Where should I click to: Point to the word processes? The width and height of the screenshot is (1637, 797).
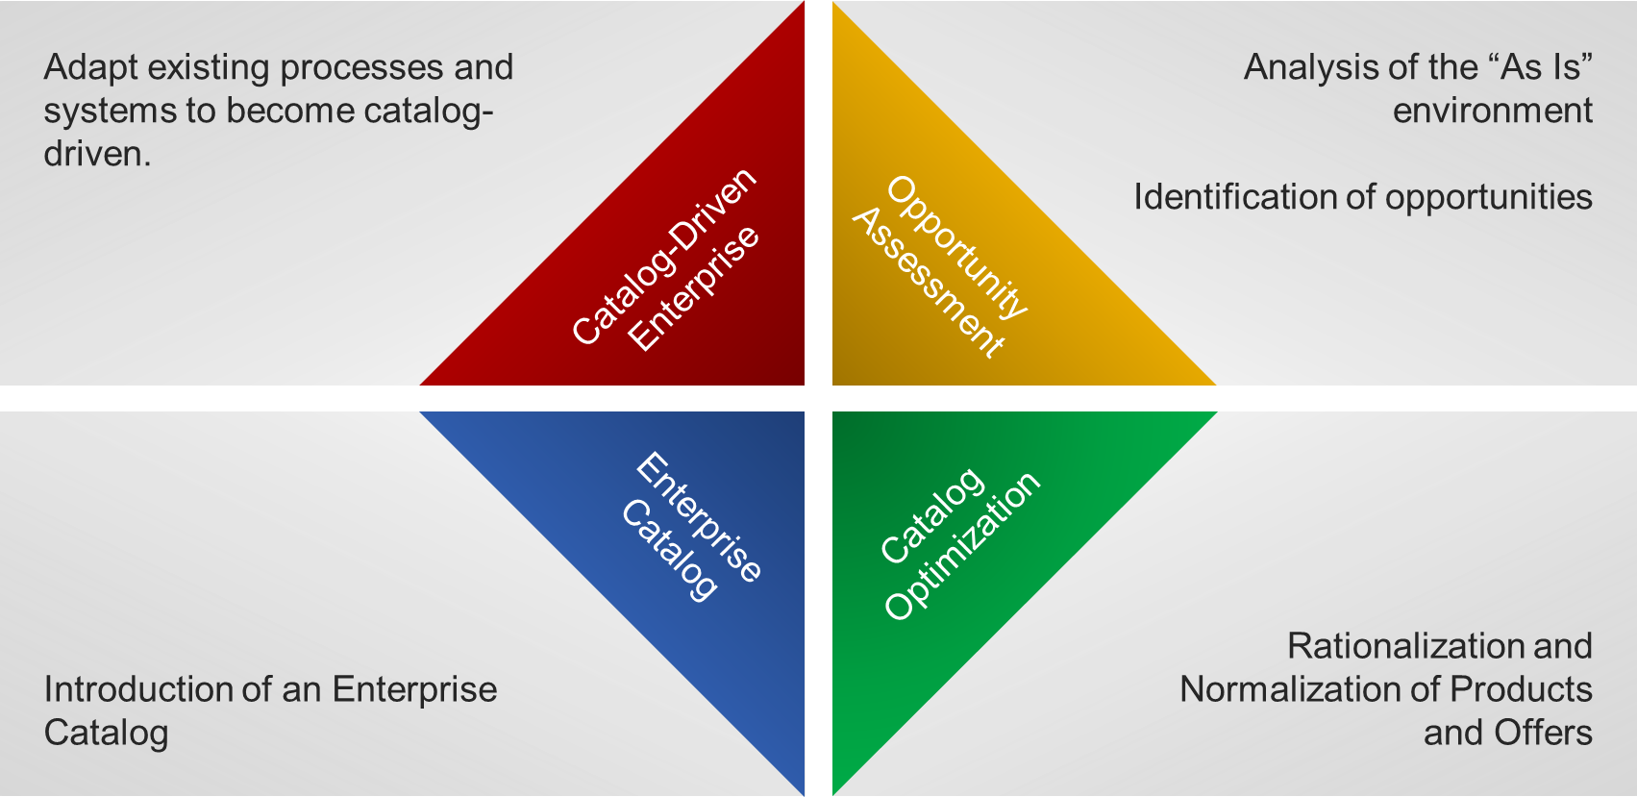361,68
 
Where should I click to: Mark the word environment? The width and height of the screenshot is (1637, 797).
1492,112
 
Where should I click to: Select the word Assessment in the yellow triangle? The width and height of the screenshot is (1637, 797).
928,283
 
